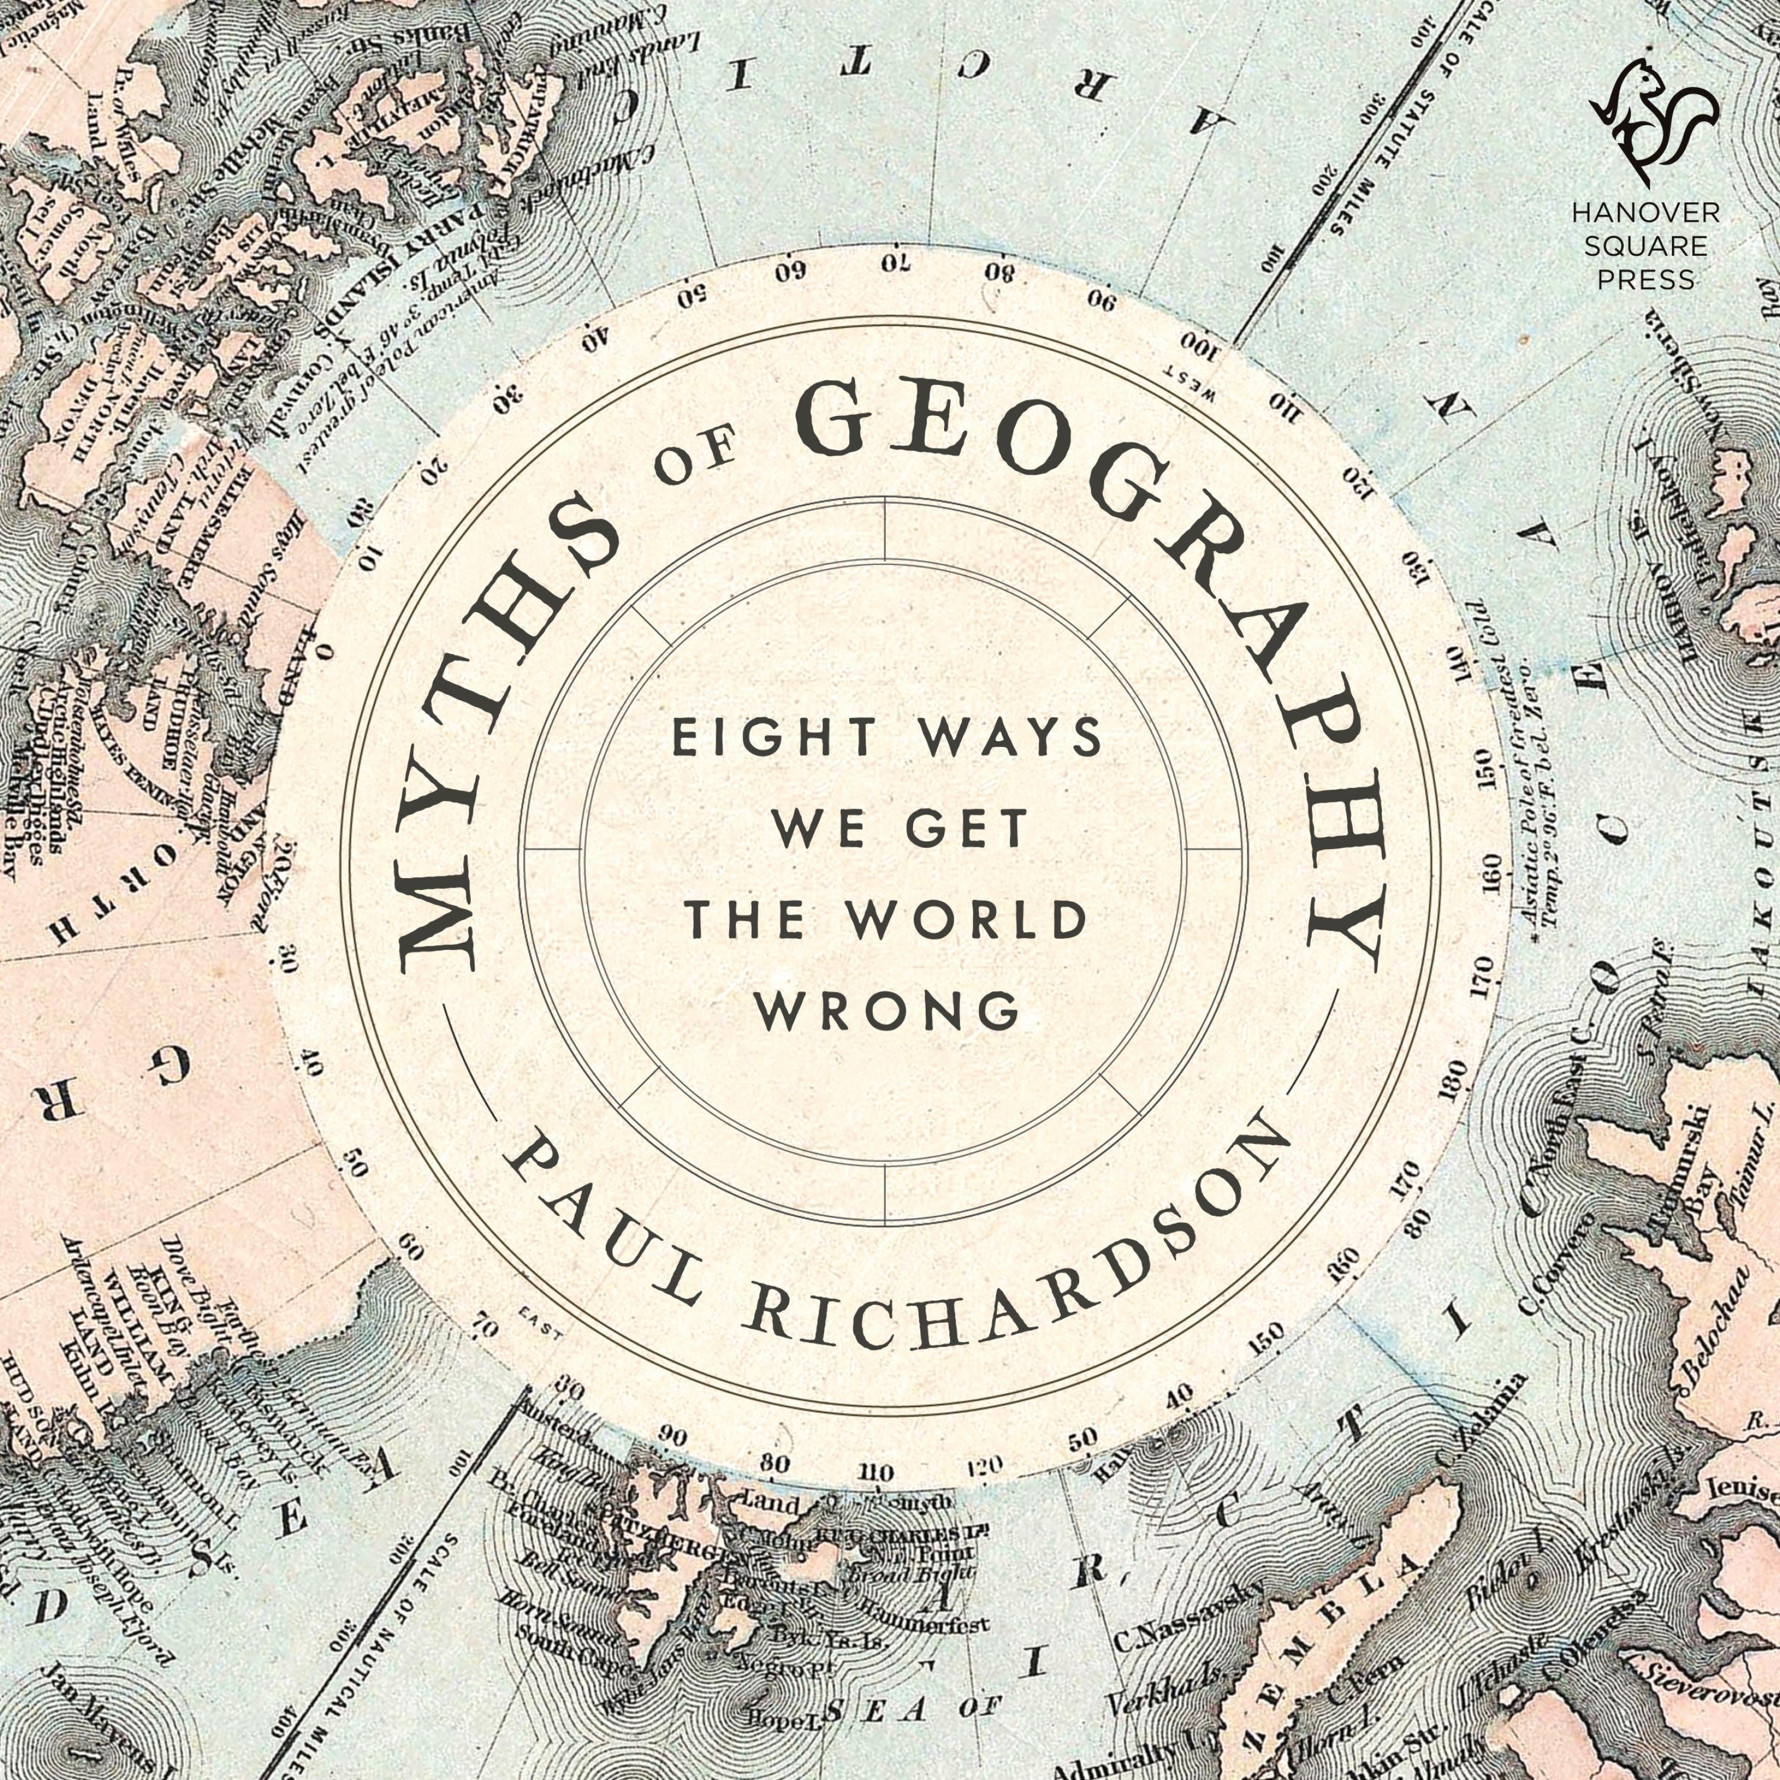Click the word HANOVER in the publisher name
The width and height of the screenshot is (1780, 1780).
click(x=1645, y=214)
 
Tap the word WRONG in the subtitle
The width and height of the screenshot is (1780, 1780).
click(x=887, y=1010)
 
